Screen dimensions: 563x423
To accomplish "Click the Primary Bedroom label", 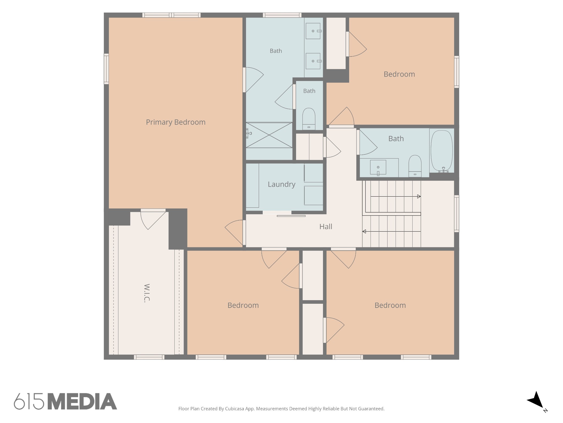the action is click(x=176, y=122).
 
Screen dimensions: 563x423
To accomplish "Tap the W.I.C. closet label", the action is click(x=147, y=293).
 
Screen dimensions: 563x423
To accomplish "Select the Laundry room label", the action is click(x=281, y=184).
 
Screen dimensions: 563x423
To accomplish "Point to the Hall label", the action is click(x=326, y=227).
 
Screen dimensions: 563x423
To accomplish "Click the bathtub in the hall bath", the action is click(x=441, y=151).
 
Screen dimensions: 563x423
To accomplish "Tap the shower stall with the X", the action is click(x=269, y=135).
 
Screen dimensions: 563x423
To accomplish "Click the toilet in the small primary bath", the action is click(x=309, y=119).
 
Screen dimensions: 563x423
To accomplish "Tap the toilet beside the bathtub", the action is click(x=415, y=166).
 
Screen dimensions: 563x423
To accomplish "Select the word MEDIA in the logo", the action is click(x=82, y=401).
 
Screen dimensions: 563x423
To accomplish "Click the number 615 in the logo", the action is click(x=29, y=401).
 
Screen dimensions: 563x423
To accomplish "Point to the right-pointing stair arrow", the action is click(x=396, y=196).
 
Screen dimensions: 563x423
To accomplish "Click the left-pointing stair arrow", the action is click(x=391, y=232).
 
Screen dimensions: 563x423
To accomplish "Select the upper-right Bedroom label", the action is click(x=399, y=74).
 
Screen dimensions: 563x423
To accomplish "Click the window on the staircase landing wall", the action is click(x=457, y=214).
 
